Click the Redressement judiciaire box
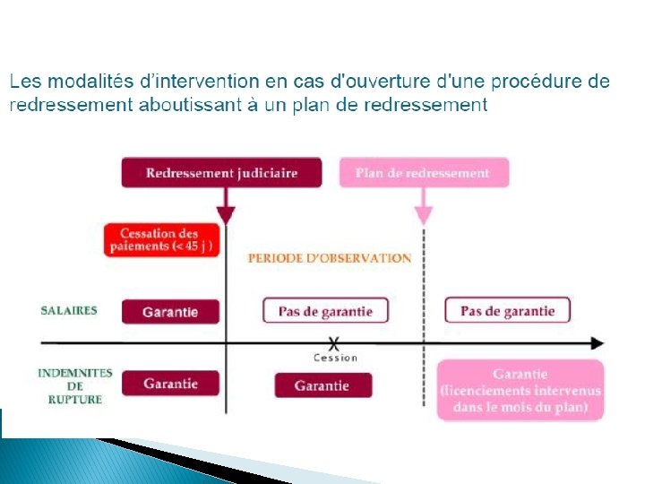pos(221,172)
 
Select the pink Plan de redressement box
pos(424,172)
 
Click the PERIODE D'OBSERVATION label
pos(329,257)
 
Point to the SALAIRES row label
pos(69,310)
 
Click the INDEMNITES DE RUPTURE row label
pos(75,385)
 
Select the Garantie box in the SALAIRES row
pos(170,311)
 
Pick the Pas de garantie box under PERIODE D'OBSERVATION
pos(325,311)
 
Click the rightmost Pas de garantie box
pos(507,311)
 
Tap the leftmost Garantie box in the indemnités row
pos(170,384)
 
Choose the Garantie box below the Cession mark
pos(322,385)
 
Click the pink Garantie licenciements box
pos(520,390)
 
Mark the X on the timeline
pos(334,343)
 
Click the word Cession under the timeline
pos(335,359)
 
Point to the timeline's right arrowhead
pos(597,343)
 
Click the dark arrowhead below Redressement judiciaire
pos(226,215)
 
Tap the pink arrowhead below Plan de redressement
pos(424,215)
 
